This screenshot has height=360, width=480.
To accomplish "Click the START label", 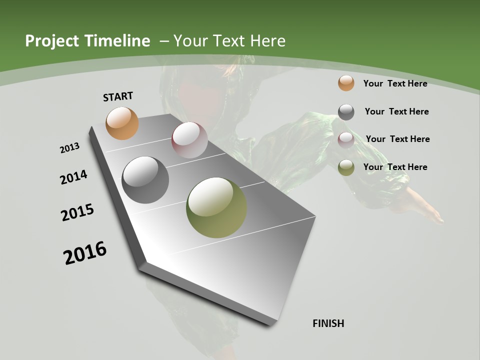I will [118, 96].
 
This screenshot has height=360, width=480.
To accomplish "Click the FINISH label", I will [328, 323].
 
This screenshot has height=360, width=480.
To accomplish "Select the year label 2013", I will [69, 148].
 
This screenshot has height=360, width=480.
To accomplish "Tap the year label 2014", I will [73, 177].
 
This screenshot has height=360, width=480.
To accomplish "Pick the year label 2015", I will [77, 212].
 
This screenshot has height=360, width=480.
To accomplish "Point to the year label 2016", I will [85, 253].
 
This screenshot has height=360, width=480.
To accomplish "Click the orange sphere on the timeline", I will [122, 123].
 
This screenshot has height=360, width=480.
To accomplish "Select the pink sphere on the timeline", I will [189, 140].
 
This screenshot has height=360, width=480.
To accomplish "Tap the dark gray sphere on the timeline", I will [145, 180].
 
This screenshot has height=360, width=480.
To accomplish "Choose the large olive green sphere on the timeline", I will [216, 207].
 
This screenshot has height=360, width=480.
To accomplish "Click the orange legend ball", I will [346, 83].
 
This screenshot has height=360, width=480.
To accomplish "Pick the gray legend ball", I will [346, 112].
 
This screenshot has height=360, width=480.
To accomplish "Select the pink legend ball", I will [346, 139].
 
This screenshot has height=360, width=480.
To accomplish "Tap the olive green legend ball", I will [346, 167].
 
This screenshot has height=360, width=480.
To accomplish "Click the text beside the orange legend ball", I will [395, 83].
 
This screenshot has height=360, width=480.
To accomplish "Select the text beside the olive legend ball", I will [395, 167].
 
